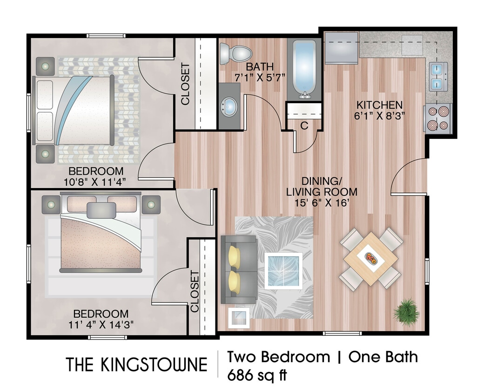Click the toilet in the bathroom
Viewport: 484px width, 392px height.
coord(235,53)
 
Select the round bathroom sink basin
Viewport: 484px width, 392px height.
coord(229,107)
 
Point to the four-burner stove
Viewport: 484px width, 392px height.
coord(438,118)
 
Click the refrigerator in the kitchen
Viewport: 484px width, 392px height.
coord(341,48)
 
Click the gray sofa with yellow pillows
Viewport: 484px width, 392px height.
coord(238,269)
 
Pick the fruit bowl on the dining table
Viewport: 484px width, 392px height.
coord(371,258)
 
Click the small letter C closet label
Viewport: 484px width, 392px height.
coord(304,125)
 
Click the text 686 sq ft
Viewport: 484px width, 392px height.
coord(256,374)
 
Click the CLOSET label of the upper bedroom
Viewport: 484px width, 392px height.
coord(185,84)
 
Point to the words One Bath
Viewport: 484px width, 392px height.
coord(383,357)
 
